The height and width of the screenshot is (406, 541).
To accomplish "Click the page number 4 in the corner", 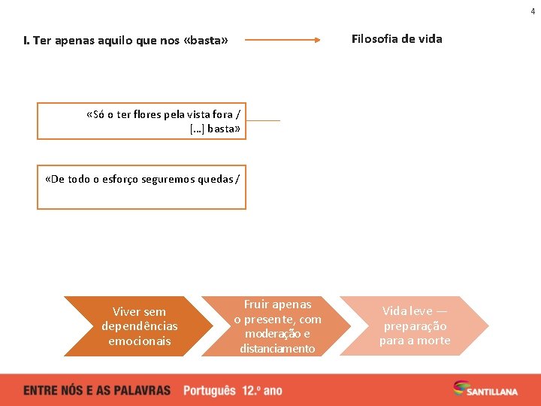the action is [x=533, y=11].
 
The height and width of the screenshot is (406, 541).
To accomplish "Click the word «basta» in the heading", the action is [x=205, y=41].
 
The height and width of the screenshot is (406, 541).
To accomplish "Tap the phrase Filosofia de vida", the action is [x=397, y=38].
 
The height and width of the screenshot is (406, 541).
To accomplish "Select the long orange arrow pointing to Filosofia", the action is [x=283, y=40].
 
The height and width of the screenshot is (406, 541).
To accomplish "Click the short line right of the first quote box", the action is [x=263, y=120].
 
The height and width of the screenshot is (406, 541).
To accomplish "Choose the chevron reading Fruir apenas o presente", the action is [x=277, y=326].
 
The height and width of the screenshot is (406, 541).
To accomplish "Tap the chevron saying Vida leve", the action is [x=414, y=326].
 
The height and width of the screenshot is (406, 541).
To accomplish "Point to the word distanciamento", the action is [x=277, y=348].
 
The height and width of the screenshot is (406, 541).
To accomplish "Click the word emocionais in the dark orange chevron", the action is [x=140, y=341].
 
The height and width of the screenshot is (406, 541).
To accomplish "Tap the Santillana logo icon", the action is [x=460, y=387].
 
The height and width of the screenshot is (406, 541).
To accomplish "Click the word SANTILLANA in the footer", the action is [x=491, y=391].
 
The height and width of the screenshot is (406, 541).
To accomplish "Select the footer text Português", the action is [x=210, y=390].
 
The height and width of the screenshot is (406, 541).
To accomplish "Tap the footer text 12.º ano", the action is [x=262, y=390].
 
